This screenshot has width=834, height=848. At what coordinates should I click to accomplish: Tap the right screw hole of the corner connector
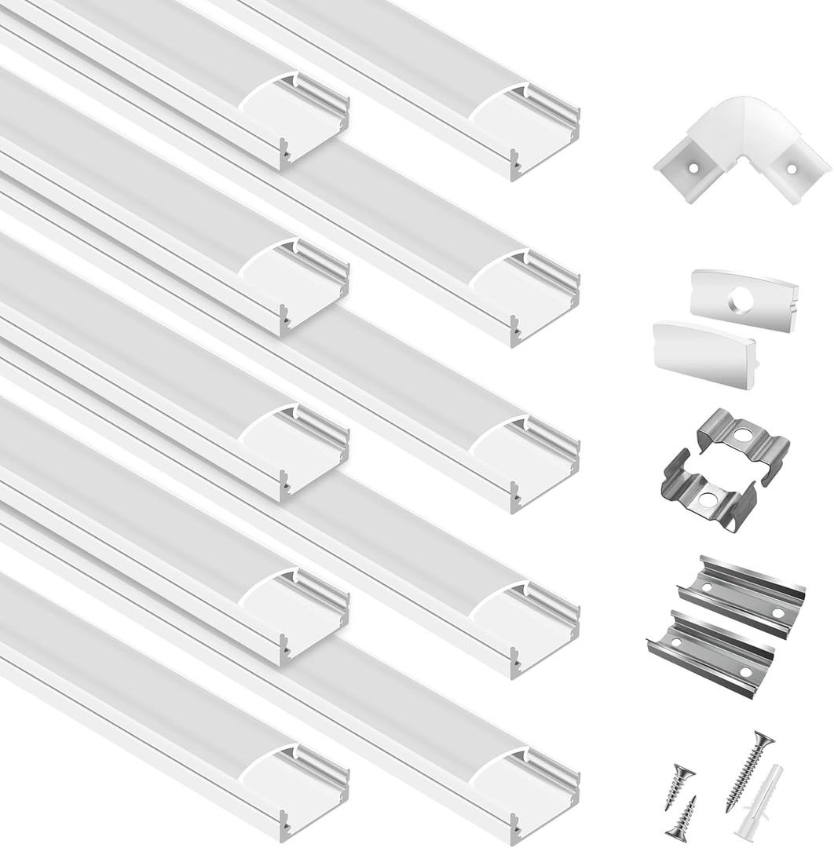click(791, 168)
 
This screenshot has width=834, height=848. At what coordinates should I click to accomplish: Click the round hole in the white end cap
click(740, 298)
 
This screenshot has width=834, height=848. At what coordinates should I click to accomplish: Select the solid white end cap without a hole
click(704, 354)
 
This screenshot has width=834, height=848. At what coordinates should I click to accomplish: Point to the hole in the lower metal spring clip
click(708, 498)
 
